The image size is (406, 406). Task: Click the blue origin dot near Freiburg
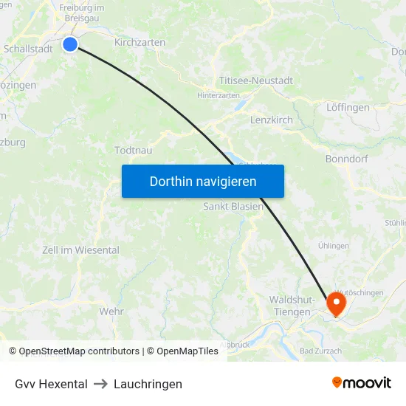tap(70, 44)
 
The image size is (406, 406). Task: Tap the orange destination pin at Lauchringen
tap(336, 303)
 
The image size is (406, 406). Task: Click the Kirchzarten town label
tap(140, 42)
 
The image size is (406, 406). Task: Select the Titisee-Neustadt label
tap(255, 80)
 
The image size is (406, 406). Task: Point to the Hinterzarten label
tap(219, 95)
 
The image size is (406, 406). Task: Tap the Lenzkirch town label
tap(271, 120)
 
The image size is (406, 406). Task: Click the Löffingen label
tap(347, 107)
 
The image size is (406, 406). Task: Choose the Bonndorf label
tap(345, 159)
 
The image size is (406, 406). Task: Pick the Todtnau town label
tap(133, 150)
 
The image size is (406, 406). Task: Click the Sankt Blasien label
tap(233, 207)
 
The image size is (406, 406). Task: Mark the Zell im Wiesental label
tap(80, 250)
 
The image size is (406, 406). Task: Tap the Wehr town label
tap(111, 312)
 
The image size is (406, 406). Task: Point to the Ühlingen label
tap(333, 246)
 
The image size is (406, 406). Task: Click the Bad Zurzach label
tap(320, 351)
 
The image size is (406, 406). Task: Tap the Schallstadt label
tap(27, 48)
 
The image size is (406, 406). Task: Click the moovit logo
tap(361, 383)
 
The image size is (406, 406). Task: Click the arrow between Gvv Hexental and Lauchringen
tap(100, 384)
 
